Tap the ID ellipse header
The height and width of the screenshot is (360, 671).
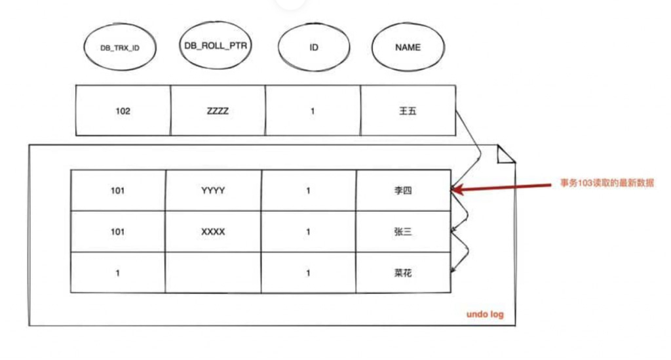click(313, 48)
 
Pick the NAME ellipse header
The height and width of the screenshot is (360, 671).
click(407, 48)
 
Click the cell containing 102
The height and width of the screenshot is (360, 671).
click(123, 111)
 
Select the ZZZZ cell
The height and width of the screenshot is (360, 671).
click(218, 111)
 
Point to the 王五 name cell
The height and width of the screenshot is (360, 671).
click(407, 111)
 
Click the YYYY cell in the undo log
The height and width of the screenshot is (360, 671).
click(213, 191)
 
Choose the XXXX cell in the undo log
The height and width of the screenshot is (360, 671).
click(213, 231)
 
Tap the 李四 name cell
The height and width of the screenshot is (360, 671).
click(403, 191)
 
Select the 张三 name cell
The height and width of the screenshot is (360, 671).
click(403, 231)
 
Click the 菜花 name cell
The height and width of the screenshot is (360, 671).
click(403, 273)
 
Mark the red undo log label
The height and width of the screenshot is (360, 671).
click(485, 315)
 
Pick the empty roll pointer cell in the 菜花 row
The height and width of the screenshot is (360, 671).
click(213, 273)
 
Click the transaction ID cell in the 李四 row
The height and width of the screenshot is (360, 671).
click(118, 191)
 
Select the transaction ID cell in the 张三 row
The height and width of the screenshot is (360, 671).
click(118, 231)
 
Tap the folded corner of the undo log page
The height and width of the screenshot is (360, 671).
click(507, 155)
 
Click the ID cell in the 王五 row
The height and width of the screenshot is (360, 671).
click(313, 111)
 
